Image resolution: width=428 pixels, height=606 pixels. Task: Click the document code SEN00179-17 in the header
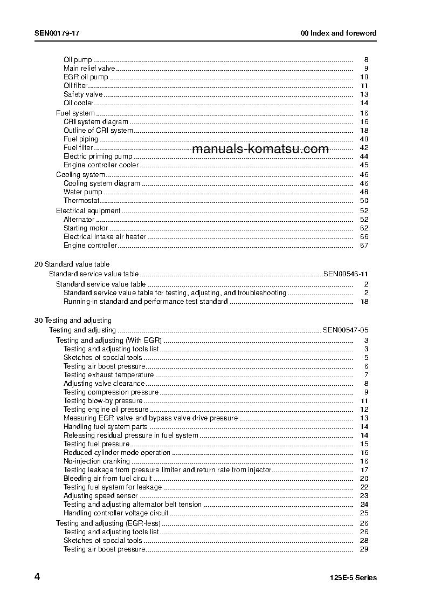(57, 33)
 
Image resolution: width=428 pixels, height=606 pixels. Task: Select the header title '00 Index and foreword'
(339, 33)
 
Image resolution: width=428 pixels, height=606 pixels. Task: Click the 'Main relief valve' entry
(89, 69)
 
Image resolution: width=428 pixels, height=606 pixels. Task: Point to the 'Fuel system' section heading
(75, 113)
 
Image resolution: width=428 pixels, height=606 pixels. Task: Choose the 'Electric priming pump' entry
(98, 156)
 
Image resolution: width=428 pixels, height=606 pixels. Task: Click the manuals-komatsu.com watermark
(260, 149)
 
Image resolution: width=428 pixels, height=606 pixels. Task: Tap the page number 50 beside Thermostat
(364, 201)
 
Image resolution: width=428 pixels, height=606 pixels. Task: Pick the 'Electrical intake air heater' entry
(105, 237)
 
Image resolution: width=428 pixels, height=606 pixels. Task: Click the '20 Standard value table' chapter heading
(72, 264)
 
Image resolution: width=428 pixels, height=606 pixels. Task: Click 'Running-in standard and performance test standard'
(146, 302)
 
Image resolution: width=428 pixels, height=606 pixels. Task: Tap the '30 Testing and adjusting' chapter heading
(73, 321)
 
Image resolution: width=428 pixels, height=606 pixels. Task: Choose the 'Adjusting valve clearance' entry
(104, 384)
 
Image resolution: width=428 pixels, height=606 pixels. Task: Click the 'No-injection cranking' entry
(96, 461)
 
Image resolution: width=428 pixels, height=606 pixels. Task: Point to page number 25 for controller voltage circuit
(364, 513)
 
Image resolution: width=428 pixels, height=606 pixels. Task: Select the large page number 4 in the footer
(37, 577)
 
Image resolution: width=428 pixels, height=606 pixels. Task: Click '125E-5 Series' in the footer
(353, 578)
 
